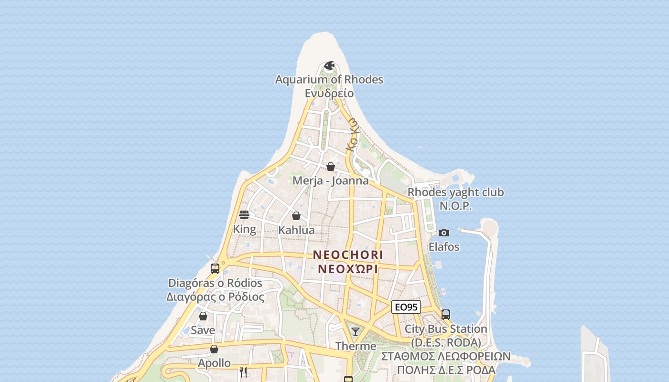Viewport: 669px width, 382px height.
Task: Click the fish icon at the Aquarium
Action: click(329, 65)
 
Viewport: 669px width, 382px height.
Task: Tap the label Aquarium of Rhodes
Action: click(329, 79)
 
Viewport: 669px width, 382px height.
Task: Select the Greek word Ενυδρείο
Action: click(329, 93)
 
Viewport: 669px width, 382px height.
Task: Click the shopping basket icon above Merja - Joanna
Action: click(330, 167)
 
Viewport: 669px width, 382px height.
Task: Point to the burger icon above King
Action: click(244, 215)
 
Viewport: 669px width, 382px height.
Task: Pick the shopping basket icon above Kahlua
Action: click(296, 216)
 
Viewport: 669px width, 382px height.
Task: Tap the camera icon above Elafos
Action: click(444, 233)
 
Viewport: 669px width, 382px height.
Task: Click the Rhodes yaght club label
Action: click(455, 192)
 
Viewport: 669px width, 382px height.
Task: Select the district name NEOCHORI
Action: click(348, 255)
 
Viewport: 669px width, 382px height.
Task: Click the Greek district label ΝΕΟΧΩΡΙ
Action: click(348, 268)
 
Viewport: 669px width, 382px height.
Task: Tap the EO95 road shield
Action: click(406, 307)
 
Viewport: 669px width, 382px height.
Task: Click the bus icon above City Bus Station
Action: click(446, 315)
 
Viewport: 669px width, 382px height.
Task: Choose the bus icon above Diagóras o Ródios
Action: click(215, 268)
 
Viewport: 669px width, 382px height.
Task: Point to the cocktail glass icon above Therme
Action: click(356, 332)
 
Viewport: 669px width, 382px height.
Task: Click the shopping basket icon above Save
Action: click(203, 316)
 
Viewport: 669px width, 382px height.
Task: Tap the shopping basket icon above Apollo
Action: click(214, 349)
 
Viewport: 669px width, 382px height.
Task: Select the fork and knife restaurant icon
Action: click(243, 372)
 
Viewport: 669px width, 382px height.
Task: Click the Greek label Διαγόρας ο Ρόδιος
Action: click(215, 297)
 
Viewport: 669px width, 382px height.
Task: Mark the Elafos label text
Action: click(444, 247)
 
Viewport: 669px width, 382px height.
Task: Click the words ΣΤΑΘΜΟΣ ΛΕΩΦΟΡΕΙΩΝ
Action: click(446, 356)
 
